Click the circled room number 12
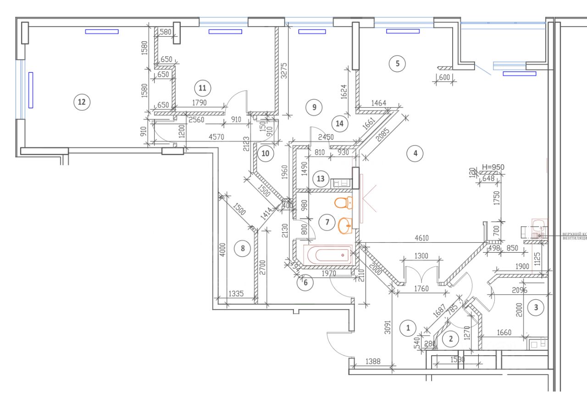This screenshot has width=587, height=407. [82, 102]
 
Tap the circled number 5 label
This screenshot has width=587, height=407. [397, 64]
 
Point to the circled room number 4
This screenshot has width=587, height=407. [415, 153]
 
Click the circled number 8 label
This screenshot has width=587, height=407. [243, 249]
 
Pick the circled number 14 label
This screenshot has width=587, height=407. [339, 123]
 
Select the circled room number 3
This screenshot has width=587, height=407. [536, 307]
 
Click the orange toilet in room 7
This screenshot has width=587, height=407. [343, 202]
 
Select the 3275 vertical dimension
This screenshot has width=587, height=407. [283, 71]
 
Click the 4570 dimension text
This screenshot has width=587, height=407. [216, 136]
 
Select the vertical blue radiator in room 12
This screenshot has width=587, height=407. [31, 90]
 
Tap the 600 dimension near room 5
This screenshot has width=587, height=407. [444, 78]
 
